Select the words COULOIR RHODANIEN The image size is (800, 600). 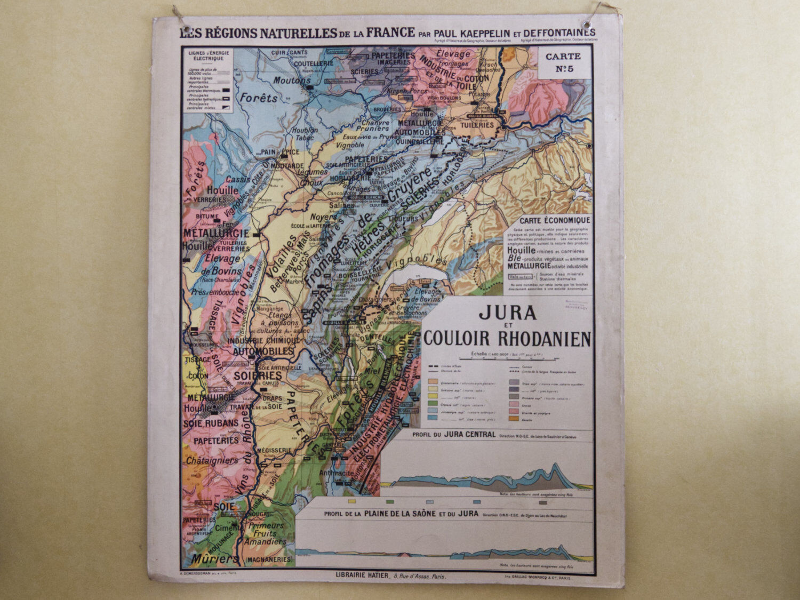(x=507, y=339)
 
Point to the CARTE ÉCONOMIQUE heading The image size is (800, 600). (x=555, y=220)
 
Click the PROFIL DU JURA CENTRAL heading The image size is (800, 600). (x=454, y=434)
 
